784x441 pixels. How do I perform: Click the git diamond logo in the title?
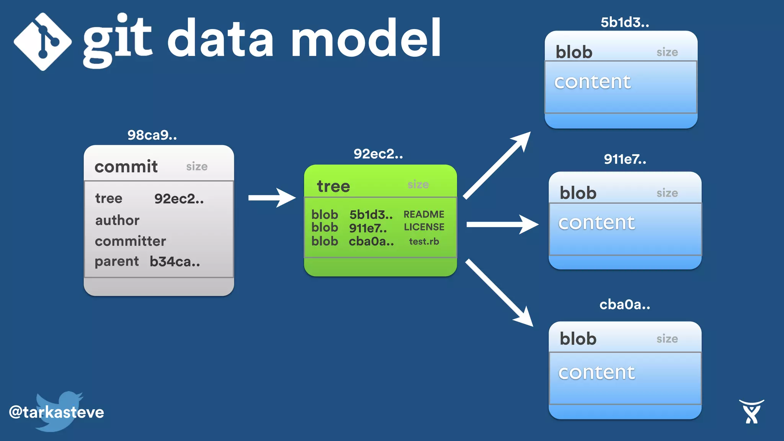pos(42,41)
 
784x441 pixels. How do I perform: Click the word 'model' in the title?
pos(366,38)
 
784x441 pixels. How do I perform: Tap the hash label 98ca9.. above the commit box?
pos(152,135)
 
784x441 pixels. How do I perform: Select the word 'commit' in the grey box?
pos(126,167)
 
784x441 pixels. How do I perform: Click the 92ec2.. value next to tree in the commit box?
pos(179,199)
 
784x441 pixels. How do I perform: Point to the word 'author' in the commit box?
pos(117,220)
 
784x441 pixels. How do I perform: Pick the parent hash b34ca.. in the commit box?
pos(175,261)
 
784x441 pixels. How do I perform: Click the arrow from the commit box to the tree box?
pos(272,198)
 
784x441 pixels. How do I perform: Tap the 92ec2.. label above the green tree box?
pos(378,154)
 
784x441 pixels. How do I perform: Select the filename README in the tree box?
pos(424,214)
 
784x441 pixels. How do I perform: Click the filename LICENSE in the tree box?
pos(424,227)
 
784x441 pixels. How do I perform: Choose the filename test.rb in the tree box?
pos(424,242)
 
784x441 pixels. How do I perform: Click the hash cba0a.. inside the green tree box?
pos(371,242)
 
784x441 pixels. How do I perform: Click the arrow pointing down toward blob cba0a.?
pos(499,292)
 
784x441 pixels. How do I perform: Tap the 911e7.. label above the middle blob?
pos(625,159)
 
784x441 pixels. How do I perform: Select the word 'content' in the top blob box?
pos(592,82)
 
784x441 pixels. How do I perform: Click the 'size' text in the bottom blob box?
pos(667,339)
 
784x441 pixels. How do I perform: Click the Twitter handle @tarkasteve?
pos(56,412)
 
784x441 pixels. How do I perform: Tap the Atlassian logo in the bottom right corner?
pos(751,412)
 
